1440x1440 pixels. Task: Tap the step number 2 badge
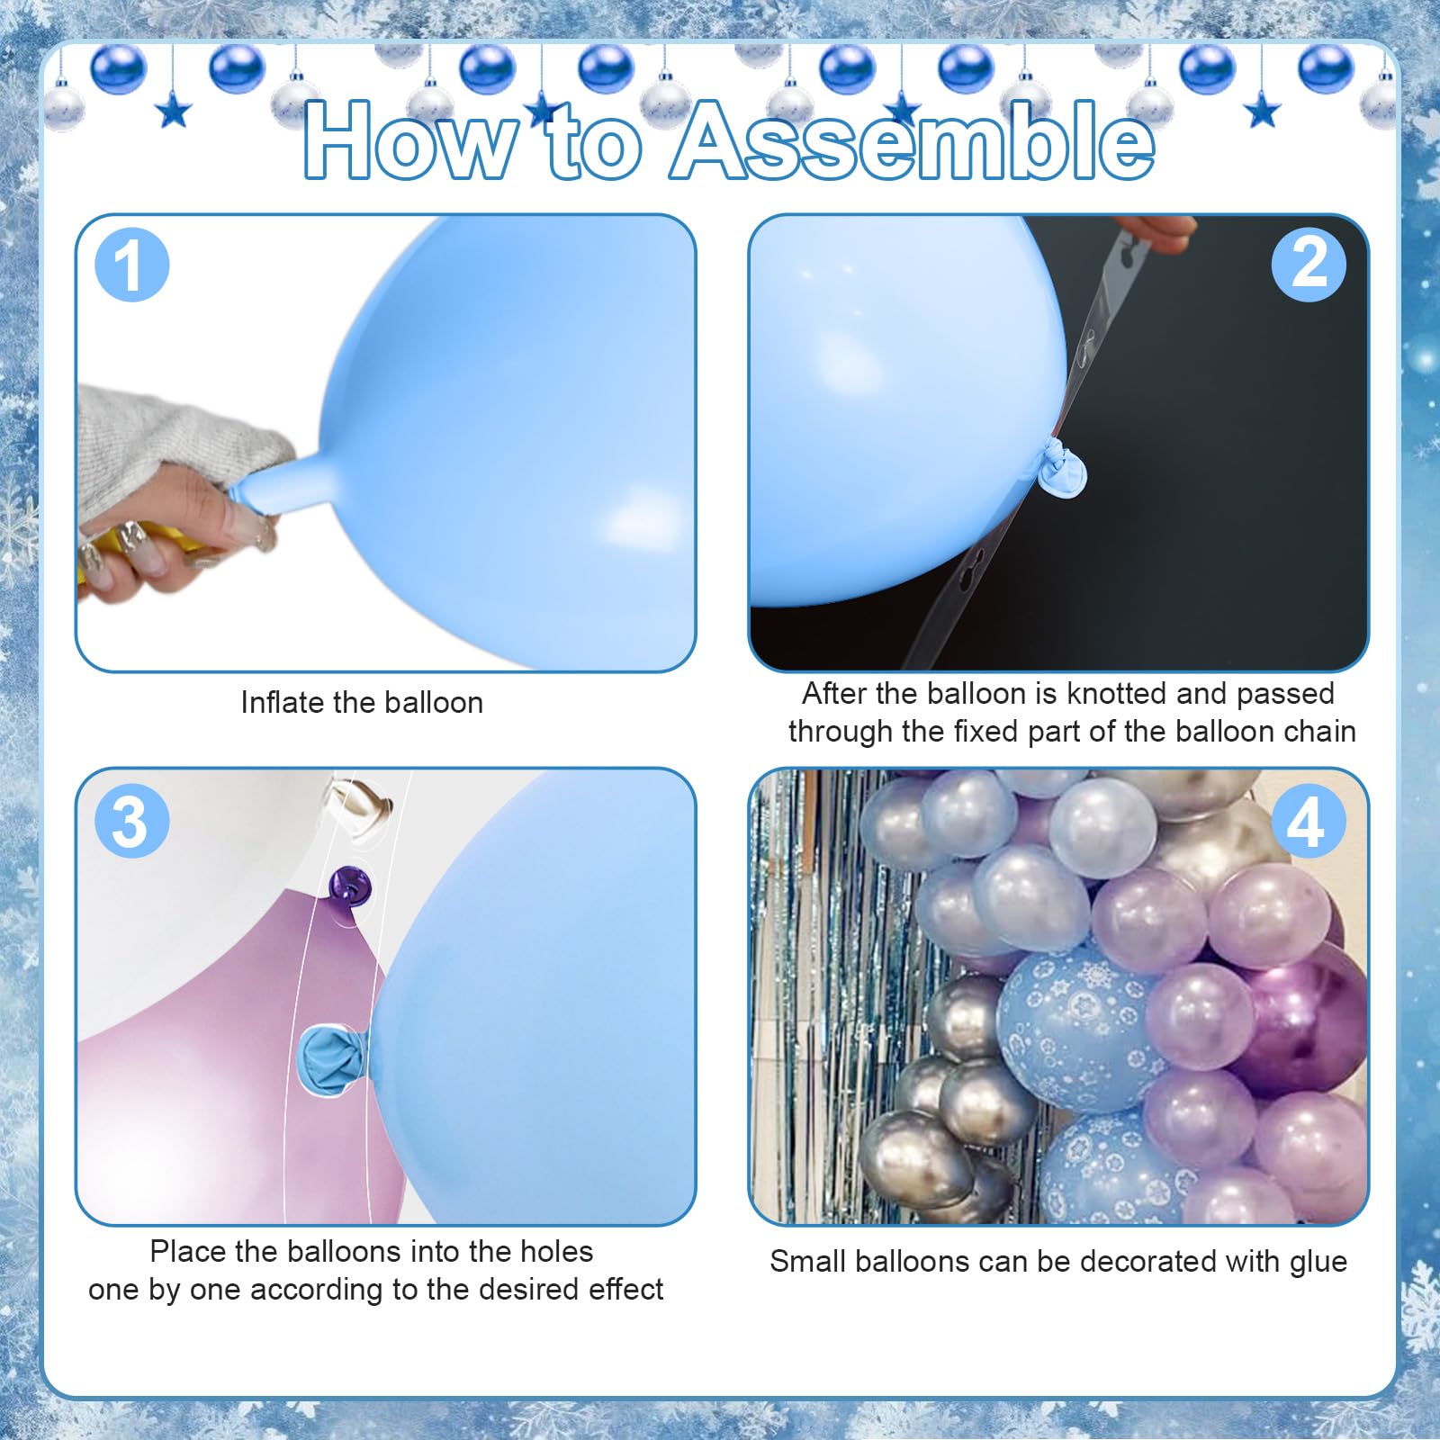tap(1309, 264)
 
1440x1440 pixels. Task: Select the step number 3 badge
tap(131, 820)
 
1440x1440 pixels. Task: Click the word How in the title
tap(409, 141)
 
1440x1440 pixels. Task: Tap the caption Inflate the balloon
tap(362, 702)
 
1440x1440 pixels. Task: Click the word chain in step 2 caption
tap(1315, 731)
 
